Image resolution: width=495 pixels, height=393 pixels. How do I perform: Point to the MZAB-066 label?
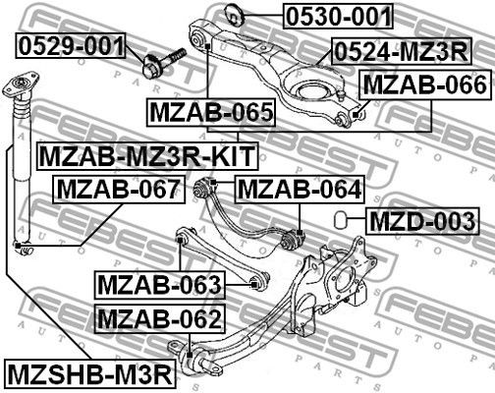click(424, 85)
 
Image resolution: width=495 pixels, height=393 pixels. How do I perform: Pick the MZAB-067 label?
click(117, 188)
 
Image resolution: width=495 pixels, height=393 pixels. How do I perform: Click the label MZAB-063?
click(159, 286)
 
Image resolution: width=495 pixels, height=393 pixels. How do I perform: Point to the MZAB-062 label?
click(159, 318)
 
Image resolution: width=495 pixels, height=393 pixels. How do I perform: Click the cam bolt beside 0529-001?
click(162, 61)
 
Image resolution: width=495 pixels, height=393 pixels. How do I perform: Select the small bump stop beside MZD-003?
click(339, 217)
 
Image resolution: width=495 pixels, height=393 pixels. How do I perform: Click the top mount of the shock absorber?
click(17, 87)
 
